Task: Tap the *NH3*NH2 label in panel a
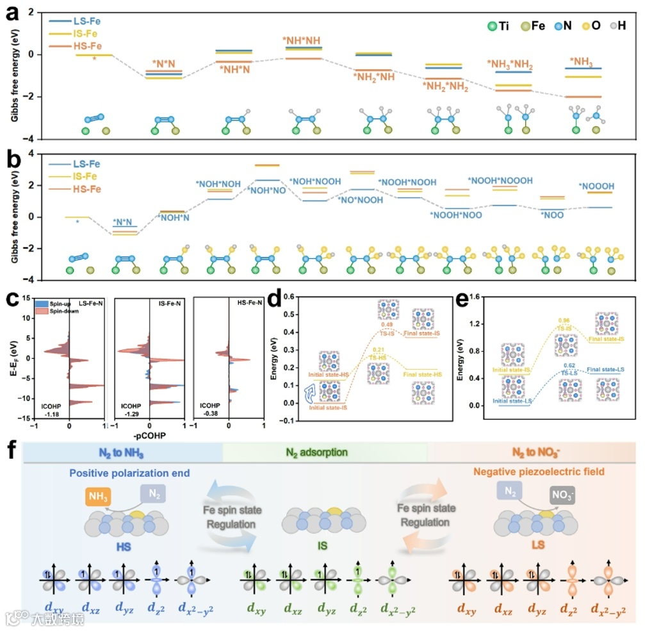pos(510,64)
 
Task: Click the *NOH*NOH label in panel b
pos(218,184)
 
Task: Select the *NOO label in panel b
pos(553,215)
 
